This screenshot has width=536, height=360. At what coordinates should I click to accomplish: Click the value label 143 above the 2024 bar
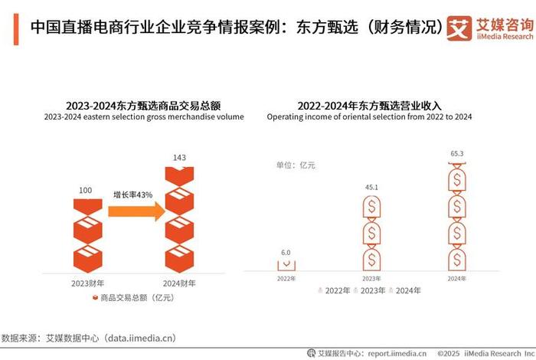178,157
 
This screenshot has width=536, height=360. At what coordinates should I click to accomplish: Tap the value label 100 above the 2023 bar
86,189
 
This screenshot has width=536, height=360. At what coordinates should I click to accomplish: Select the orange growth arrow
136,211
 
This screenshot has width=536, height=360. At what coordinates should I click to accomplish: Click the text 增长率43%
133,195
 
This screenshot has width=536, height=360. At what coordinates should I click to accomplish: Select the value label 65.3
457,154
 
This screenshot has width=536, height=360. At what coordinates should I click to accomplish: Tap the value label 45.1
371,186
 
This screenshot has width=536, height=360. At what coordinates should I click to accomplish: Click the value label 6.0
286,251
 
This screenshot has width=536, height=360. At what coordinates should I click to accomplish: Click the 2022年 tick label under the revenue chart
286,278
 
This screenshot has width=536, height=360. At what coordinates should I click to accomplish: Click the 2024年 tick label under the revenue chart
457,278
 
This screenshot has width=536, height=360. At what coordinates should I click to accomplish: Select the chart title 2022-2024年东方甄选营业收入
370,105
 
